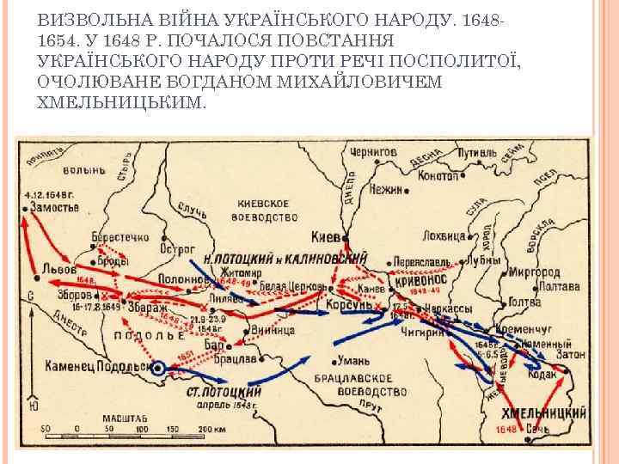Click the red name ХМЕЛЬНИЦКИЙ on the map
pyautogui.click(x=542, y=412)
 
